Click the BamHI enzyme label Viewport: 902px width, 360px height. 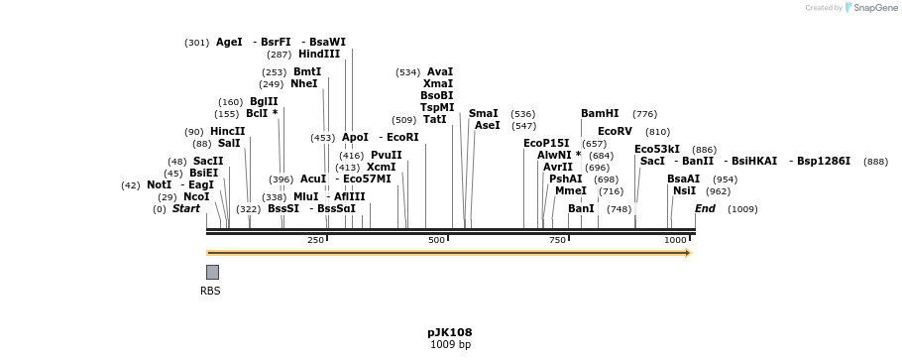coord(600,114)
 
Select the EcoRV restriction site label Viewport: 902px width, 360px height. coord(615,131)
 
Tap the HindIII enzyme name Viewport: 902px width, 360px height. coord(319,55)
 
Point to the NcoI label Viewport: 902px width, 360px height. coord(196,197)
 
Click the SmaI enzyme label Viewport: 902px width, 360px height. coord(484,114)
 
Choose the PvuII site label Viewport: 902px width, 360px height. coord(387,156)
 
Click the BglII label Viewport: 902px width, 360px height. coord(264,102)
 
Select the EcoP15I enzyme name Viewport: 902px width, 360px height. coord(546,144)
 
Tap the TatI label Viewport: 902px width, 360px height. coord(434,120)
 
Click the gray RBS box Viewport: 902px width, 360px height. coord(212,272)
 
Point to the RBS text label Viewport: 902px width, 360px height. coord(210,292)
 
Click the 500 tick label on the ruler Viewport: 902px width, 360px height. coord(436,240)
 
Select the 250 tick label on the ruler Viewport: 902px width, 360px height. coord(315,240)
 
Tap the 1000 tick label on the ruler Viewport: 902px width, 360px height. coord(675,240)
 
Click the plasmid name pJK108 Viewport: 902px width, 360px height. coord(450,332)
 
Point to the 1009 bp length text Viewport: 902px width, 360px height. coord(450,345)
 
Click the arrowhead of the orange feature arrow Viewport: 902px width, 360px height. coord(687,253)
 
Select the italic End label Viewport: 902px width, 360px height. coord(705,209)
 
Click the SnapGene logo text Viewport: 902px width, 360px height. coord(876,8)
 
